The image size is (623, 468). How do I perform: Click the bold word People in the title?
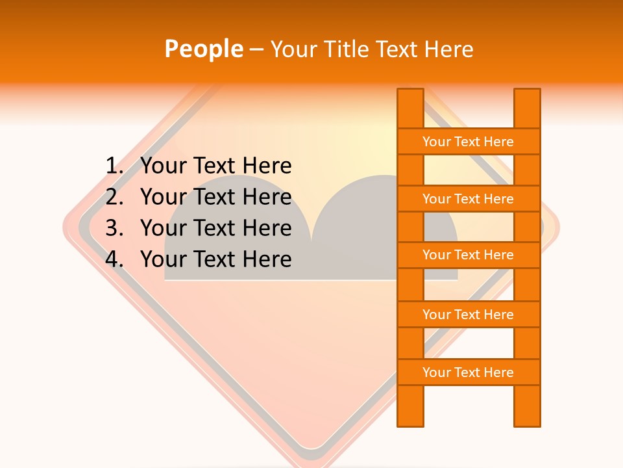[x=204, y=49]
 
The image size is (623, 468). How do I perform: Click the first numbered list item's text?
[x=215, y=166]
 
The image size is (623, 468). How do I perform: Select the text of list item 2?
[x=215, y=197]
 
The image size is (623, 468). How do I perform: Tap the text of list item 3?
[x=215, y=228]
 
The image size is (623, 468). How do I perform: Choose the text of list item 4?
[x=215, y=259]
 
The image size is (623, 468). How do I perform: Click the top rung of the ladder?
[x=468, y=142]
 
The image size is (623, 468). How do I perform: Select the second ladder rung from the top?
[x=468, y=199]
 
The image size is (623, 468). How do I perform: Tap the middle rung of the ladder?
[x=468, y=255]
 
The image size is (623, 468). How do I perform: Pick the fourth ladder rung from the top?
[x=468, y=315]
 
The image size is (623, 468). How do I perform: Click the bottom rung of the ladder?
[x=468, y=372]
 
